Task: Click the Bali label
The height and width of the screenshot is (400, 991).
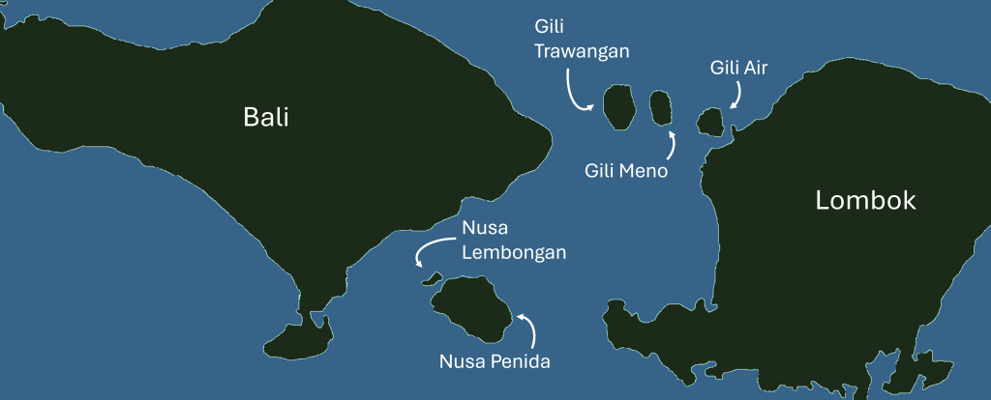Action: point(266,118)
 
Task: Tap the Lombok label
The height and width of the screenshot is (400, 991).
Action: point(865,201)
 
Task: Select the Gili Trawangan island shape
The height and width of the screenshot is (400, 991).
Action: point(617,106)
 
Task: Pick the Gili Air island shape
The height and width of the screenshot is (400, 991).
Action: point(711,122)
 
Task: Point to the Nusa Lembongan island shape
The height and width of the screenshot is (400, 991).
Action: point(432,280)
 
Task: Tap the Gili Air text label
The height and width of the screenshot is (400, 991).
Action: point(739,68)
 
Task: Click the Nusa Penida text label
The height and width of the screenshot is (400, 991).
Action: point(495,363)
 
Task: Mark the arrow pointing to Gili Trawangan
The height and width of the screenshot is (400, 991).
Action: point(577,95)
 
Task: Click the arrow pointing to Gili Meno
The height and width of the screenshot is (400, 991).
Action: point(672,146)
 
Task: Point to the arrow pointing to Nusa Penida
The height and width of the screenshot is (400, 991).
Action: point(528,329)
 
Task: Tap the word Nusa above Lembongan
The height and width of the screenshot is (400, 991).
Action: point(485,229)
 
